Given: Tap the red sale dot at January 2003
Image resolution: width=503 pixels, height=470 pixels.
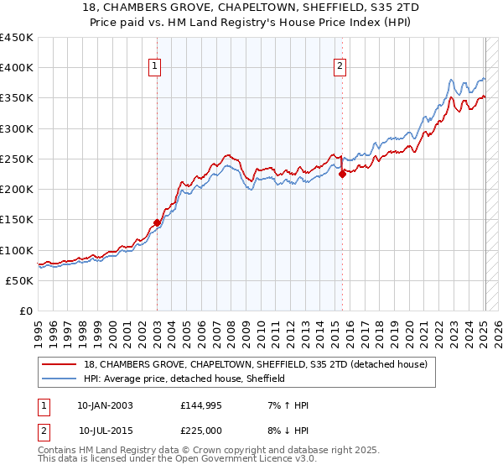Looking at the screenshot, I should pos(157,223).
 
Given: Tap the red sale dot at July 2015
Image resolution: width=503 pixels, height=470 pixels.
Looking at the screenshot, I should pos(342,175).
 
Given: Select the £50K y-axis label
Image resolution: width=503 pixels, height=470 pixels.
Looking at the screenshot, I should pos(20,281).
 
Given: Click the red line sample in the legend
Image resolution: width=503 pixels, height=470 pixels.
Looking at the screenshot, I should pos(60,364).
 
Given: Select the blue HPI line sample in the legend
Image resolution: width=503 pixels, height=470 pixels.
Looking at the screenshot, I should pos(60,379).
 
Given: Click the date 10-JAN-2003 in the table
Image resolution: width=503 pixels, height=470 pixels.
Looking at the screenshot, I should pos(105,405).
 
